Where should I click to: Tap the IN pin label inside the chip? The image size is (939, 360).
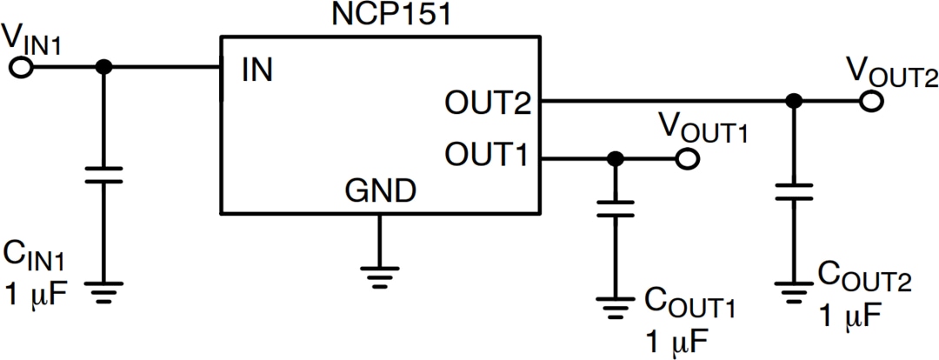pos(258,70)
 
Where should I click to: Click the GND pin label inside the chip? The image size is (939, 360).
pos(379,189)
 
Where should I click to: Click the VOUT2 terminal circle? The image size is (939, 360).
pos(870,102)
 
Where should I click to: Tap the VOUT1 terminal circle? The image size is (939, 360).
pos(687,159)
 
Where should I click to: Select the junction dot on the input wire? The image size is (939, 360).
pos(104,68)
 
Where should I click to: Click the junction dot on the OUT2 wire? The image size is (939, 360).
pos(792,102)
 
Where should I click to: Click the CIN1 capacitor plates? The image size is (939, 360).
pos(104,176)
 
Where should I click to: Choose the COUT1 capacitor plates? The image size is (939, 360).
pos(615,210)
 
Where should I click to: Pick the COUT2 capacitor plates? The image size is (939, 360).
pos(792,192)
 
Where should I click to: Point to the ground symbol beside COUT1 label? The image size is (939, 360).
pos(615,306)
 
